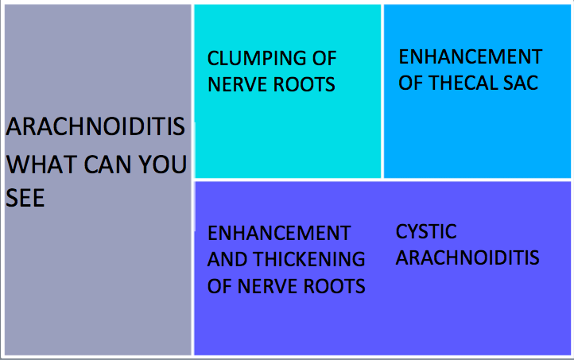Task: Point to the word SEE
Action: [25, 198]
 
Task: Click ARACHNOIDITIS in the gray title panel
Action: [95, 126]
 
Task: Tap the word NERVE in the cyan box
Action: [238, 84]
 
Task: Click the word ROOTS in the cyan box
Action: [304, 84]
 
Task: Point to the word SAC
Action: [521, 83]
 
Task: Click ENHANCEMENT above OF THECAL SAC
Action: [471, 56]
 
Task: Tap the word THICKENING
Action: [309, 259]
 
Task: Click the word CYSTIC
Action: [426, 231]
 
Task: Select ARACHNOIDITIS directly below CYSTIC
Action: [467, 257]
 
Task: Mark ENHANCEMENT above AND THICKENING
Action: [279, 234]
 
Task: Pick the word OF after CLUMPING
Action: [324, 59]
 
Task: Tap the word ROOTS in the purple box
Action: [335, 286]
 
